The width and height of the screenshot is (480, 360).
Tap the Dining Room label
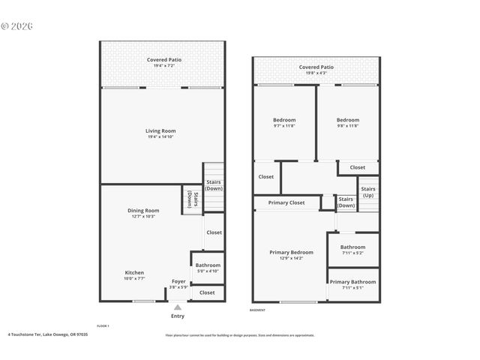[x=142, y=211]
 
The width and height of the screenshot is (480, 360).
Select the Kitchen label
[x=134, y=273]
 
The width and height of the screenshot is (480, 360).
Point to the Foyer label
[x=178, y=281]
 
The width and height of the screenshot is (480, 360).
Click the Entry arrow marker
[x=178, y=307]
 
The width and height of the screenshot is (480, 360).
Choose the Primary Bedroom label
[x=291, y=253]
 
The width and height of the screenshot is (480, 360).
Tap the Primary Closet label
[x=286, y=202]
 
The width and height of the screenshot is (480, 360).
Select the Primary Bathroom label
[x=352, y=282]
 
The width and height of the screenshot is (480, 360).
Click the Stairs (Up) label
[x=367, y=192]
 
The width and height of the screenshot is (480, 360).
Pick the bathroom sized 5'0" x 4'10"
[x=208, y=268]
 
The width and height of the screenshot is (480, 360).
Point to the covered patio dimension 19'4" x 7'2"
[x=163, y=66]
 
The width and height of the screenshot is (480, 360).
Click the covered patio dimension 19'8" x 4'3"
[x=316, y=73]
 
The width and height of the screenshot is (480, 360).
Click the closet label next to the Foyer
[x=207, y=292]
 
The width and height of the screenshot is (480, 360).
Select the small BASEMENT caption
[x=257, y=310]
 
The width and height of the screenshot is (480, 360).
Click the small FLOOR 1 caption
[x=103, y=325]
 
